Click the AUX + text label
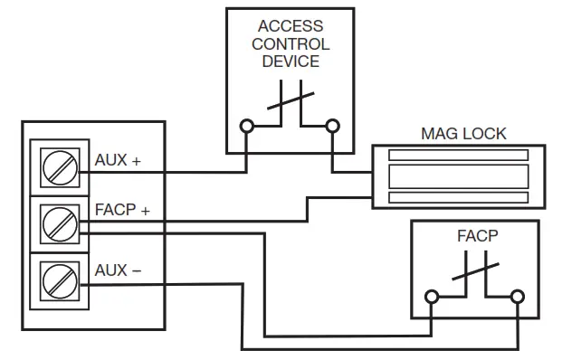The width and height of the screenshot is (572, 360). (x=118, y=160)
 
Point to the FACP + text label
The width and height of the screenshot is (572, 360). (x=122, y=211)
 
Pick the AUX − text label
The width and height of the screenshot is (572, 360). (x=118, y=270)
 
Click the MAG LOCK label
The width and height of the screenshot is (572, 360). (x=463, y=134)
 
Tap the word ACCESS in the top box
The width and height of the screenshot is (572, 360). (x=290, y=26)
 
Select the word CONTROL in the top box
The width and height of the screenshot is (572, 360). (x=290, y=43)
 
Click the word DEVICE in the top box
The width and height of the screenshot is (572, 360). (x=290, y=61)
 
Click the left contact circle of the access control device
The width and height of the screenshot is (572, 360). (x=246, y=127)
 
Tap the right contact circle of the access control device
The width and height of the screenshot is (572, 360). (x=332, y=127)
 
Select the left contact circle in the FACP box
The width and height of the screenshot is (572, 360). (x=433, y=296)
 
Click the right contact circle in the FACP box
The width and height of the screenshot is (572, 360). (x=518, y=296)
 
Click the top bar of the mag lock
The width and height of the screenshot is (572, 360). (x=458, y=156)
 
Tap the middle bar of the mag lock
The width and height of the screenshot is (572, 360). (x=458, y=176)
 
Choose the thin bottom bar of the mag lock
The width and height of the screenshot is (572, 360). (x=458, y=197)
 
